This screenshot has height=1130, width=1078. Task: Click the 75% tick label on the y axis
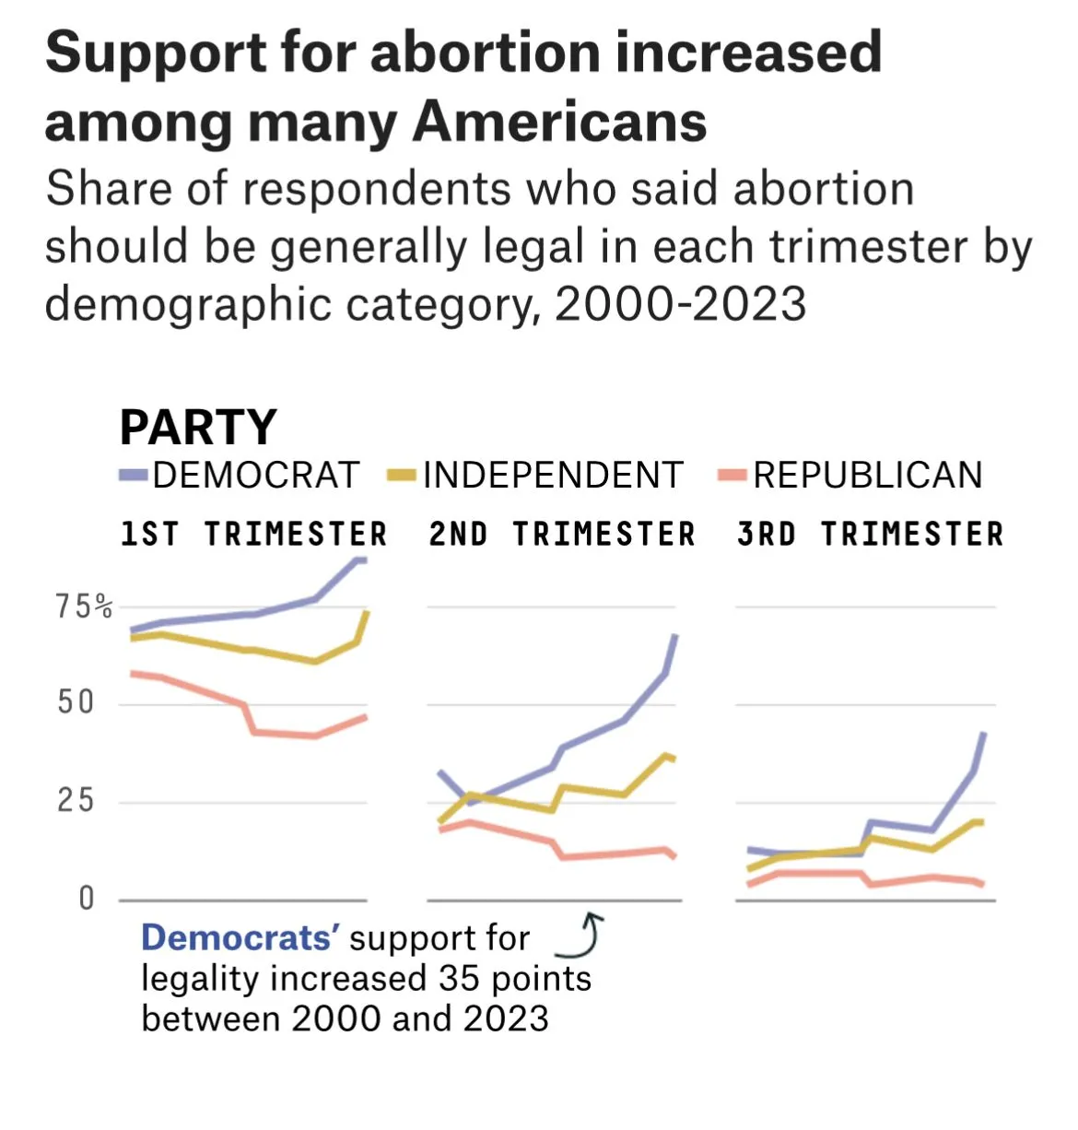(x=84, y=606)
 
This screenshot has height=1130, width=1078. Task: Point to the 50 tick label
(x=76, y=703)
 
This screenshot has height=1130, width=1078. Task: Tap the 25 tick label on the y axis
(x=76, y=800)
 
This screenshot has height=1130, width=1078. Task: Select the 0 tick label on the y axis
(x=87, y=898)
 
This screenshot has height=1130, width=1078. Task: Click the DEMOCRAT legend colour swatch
(x=134, y=476)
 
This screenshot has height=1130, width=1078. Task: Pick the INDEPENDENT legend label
(x=553, y=476)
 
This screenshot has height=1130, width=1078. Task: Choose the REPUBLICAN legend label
(x=867, y=476)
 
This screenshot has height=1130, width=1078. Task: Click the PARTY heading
(x=198, y=427)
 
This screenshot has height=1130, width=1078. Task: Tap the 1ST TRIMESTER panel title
(x=254, y=535)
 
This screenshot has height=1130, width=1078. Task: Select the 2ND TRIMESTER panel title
(x=562, y=535)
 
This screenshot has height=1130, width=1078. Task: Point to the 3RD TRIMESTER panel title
(x=871, y=535)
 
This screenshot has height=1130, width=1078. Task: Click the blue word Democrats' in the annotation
(x=240, y=938)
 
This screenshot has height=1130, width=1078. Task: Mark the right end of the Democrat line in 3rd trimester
(x=984, y=735)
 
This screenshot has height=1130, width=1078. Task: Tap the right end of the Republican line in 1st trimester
(x=365, y=717)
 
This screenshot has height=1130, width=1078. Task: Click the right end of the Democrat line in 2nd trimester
(x=676, y=636)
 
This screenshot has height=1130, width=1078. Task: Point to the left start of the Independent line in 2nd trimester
(x=439, y=821)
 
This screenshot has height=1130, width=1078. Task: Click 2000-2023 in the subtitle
(x=681, y=304)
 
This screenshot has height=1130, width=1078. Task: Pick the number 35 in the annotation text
(x=458, y=978)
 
